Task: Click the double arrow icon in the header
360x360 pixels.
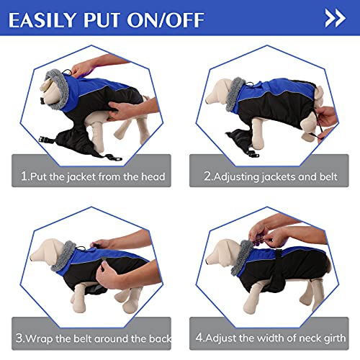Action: pyautogui.click(x=335, y=17)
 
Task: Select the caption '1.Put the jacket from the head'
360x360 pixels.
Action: pyautogui.click(x=92, y=176)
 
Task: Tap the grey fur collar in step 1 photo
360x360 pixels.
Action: pyautogui.click(x=63, y=79)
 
